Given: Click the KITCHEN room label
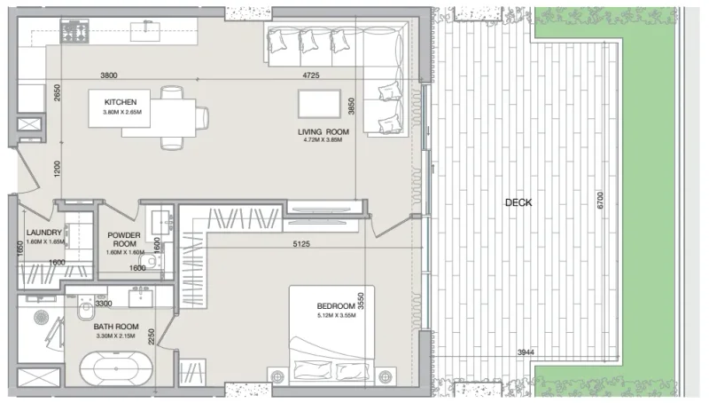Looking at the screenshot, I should (x=120, y=102).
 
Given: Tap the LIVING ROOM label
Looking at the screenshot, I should (x=323, y=132).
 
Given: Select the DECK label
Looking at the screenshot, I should (x=518, y=202).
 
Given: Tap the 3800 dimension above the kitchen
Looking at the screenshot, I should (x=109, y=75).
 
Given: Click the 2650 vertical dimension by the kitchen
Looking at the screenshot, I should (x=56, y=94).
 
